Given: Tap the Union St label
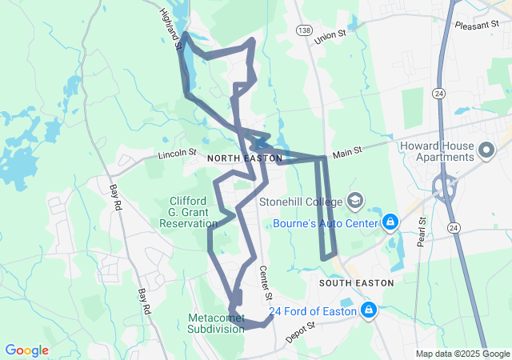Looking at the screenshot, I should click(332, 36).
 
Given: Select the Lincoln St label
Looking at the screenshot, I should click(177, 152).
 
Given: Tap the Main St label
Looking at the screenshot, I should click(348, 149).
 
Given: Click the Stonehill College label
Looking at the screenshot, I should click(301, 202).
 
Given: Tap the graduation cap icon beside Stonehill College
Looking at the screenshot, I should click(357, 201).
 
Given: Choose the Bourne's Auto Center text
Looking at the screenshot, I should click(325, 222).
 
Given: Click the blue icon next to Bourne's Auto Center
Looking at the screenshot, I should click(390, 221).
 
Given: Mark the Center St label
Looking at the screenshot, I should click(266, 279).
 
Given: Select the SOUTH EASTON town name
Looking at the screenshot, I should click(356, 283).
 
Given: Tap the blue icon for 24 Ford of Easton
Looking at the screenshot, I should click(369, 309).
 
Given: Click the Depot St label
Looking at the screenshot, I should click(302, 331).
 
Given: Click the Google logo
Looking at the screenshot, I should click(27, 350).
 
